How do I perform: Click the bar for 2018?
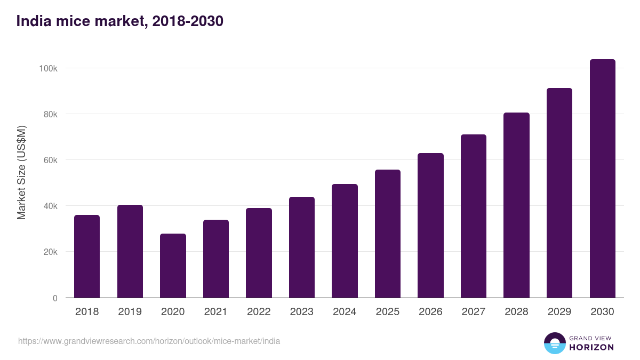point(87,257)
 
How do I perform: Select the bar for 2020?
point(173,266)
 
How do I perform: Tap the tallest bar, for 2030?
point(602,179)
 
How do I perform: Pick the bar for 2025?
point(388,234)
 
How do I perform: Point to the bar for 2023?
point(302,247)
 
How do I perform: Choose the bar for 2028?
point(516,205)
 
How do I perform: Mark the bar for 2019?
point(130,251)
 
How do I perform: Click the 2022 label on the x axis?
point(259,312)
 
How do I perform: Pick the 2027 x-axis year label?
point(474,312)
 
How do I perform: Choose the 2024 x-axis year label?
point(345,312)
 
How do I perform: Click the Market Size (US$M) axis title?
point(21,172)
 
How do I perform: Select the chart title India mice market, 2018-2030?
point(120,21)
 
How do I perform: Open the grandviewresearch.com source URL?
point(149,341)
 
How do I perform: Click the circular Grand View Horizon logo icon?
point(555,343)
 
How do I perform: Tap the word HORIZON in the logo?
point(591,347)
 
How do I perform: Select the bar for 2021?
point(216,259)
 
